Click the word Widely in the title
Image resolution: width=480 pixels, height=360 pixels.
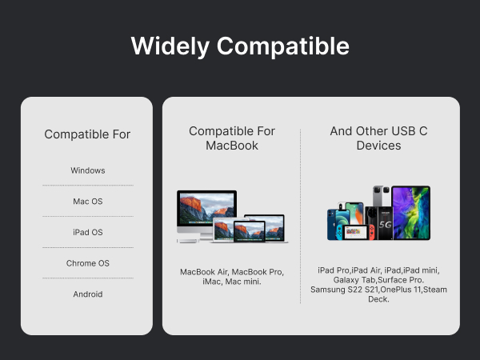[170, 46]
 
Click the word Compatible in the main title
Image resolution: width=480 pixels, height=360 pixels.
[283, 46]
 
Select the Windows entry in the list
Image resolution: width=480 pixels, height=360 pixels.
[88, 170]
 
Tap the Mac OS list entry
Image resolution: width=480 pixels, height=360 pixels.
[88, 202]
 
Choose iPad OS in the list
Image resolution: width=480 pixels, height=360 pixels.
[88, 232]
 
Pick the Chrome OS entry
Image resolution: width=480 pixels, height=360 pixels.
[88, 263]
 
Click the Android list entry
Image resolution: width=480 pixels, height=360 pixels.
[88, 294]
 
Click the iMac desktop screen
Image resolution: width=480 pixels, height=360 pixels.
[206, 207]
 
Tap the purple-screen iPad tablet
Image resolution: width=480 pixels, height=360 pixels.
[411, 213]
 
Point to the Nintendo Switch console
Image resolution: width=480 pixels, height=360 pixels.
[354, 232]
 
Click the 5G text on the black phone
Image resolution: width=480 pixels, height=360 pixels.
[385, 225]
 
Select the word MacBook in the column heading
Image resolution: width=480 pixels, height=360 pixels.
[232, 146]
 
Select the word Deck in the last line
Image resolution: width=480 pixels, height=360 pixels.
[378, 299]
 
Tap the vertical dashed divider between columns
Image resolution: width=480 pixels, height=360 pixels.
[300, 217]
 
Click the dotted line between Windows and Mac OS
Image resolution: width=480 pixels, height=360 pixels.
[88, 186]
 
